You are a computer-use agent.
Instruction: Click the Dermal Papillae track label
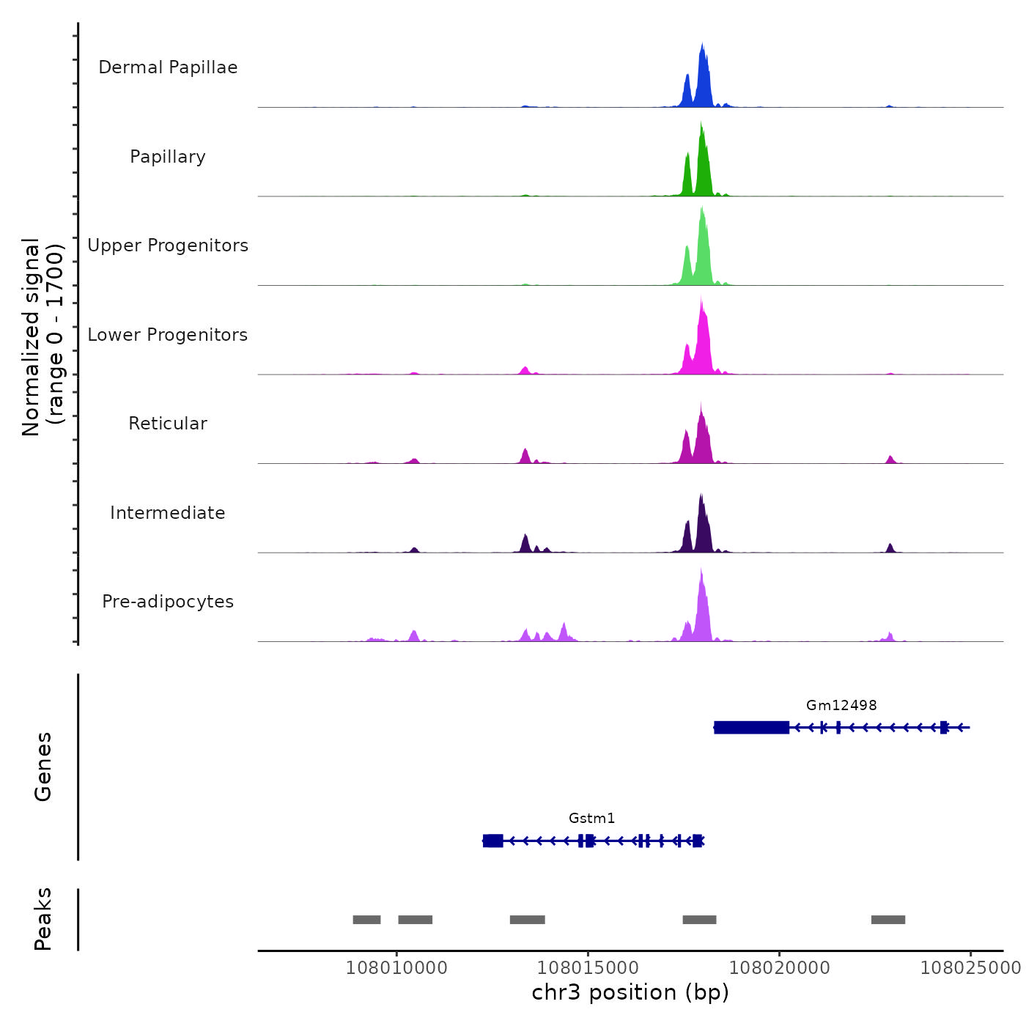coord(168,67)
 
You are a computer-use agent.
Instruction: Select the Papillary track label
coord(168,157)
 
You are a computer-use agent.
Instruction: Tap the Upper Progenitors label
coord(168,246)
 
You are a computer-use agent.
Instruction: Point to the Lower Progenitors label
coord(168,335)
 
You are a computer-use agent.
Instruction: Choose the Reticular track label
coord(168,424)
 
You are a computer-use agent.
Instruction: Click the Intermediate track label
coord(168,513)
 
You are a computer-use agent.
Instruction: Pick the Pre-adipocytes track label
coord(168,602)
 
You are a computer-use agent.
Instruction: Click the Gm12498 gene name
coord(841,705)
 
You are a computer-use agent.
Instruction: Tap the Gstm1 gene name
coord(591,818)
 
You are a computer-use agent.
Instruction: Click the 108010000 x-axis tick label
coord(396,967)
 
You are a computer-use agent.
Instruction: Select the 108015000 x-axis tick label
coord(588,967)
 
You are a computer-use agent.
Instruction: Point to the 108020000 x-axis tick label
coord(780,967)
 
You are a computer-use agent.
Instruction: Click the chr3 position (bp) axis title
coord(630,992)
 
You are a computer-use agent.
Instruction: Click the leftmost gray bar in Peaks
coord(366,920)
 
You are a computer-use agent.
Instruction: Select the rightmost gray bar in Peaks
coord(888,920)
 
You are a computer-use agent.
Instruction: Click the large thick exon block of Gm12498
coord(751,727)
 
